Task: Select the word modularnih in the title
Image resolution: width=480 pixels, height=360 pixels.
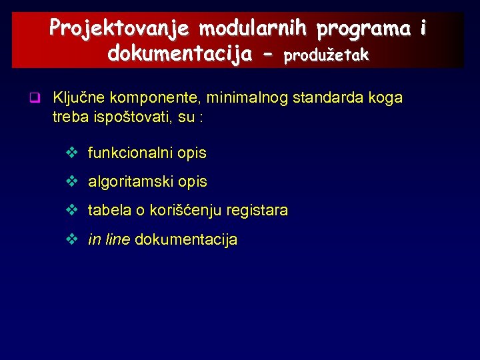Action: point(253,29)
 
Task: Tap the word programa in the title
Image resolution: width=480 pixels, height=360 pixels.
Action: point(363,29)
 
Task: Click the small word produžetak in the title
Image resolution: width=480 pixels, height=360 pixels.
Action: point(326,56)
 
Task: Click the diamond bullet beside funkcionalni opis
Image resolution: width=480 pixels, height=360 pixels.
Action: point(72,153)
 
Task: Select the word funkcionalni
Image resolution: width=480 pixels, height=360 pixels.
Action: point(131,153)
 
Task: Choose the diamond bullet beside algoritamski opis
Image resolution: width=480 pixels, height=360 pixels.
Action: point(72,181)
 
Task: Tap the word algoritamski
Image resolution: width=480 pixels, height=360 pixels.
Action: point(131,182)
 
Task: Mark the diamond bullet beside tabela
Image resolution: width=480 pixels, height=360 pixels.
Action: point(72,211)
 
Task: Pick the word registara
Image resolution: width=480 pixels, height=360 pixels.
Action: point(257,211)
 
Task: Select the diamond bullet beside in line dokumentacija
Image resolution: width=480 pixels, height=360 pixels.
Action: point(72,239)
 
